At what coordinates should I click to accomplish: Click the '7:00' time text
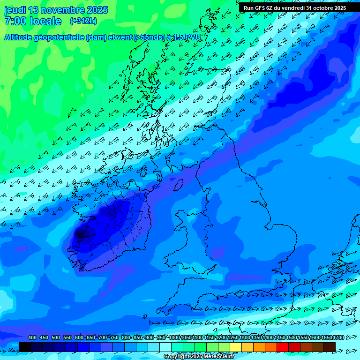(x=14, y=21)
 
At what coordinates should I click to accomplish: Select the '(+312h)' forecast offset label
(x=83, y=21)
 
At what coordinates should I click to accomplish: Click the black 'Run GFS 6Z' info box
(x=294, y=8)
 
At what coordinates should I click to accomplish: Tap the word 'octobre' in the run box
(x=318, y=8)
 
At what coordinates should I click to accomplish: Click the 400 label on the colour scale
(x=32, y=338)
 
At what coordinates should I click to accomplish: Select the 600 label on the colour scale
(x=79, y=338)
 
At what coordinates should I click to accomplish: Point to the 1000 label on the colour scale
(x=174, y=338)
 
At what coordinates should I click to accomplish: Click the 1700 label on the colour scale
(x=339, y=338)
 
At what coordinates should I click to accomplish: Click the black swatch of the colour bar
(x=25, y=347)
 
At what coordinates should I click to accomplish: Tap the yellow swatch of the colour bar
(x=236, y=347)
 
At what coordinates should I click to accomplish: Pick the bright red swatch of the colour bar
(x=283, y=347)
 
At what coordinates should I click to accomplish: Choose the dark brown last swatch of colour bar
(x=330, y=347)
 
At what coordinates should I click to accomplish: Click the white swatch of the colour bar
(x=165, y=347)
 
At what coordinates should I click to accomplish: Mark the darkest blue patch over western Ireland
(x=81, y=232)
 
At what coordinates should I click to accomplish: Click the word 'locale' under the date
(x=45, y=21)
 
